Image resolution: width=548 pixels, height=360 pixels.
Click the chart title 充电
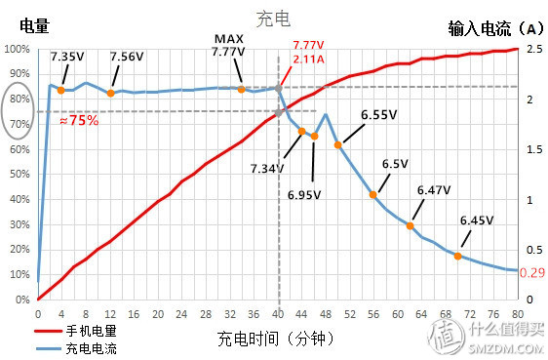pyautogui.click(x=274, y=19)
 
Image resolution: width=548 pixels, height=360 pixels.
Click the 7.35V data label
pyautogui.click(x=67, y=58)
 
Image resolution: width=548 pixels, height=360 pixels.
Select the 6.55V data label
pyautogui.click(x=378, y=115)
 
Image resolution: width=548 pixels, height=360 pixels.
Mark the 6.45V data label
pyautogui.click(x=475, y=221)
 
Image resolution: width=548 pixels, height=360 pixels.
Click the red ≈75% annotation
pyautogui.click(x=77, y=121)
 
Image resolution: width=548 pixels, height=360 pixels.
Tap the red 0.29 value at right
pyautogui.click(x=532, y=272)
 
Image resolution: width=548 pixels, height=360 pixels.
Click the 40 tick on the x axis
pyautogui.click(x=279, y=313)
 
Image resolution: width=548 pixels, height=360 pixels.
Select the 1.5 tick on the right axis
pyautogui.click(x=533, y=149)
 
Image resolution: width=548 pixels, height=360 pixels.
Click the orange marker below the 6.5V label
pyautogui.click(x=373, y=194)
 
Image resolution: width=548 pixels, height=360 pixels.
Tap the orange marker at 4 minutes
pyautogui.click(x=61, y=90)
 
